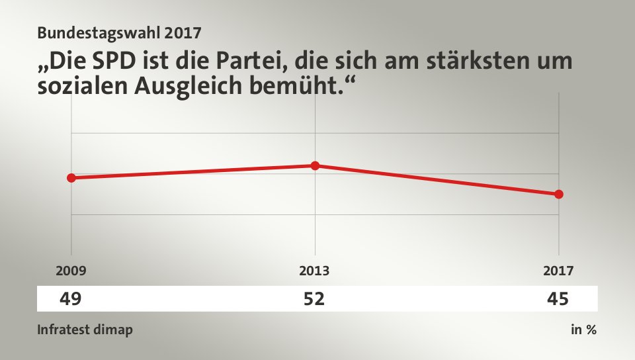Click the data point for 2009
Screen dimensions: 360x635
click(71, 177)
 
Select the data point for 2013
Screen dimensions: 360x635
click(315, 165)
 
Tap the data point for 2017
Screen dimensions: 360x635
click(559, 194)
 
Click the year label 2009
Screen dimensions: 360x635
click(71, 270)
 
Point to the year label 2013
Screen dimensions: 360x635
click(314, 270)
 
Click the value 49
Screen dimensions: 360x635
click(71, 299)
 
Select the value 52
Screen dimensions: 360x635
click(314, 299)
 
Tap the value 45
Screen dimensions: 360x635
click(558, 299)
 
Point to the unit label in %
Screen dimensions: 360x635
click(583, 330)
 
